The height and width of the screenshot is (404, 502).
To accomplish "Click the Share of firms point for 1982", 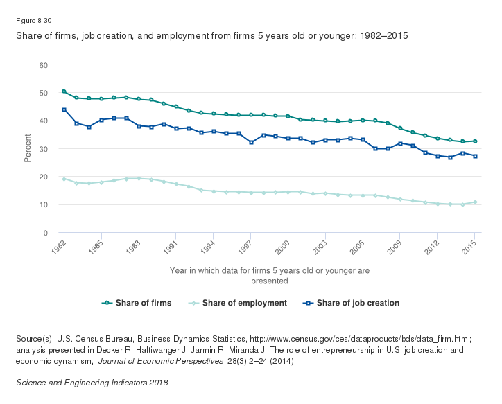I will tap(64, 91).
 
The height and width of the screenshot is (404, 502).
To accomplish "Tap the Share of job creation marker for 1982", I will tap(64, 109).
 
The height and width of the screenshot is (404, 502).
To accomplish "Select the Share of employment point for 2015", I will tap(475, 202).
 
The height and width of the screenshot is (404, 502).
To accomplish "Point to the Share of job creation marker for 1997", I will tap(251, 142).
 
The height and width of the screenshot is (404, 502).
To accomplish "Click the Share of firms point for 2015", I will tap(475, 141).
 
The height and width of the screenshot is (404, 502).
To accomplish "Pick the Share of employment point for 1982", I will tap(64, 179).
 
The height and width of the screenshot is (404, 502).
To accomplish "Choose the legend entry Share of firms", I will tap(137, 303).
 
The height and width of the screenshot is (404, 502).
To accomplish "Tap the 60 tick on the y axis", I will tap(43, 65).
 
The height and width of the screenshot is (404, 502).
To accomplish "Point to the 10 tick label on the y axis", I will tap(43, 205).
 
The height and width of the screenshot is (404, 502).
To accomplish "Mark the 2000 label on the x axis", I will tap(282, 246).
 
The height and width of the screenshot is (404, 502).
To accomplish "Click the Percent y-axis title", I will tap(28, 149).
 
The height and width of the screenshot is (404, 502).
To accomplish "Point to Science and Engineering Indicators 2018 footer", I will tap(92, 383).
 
